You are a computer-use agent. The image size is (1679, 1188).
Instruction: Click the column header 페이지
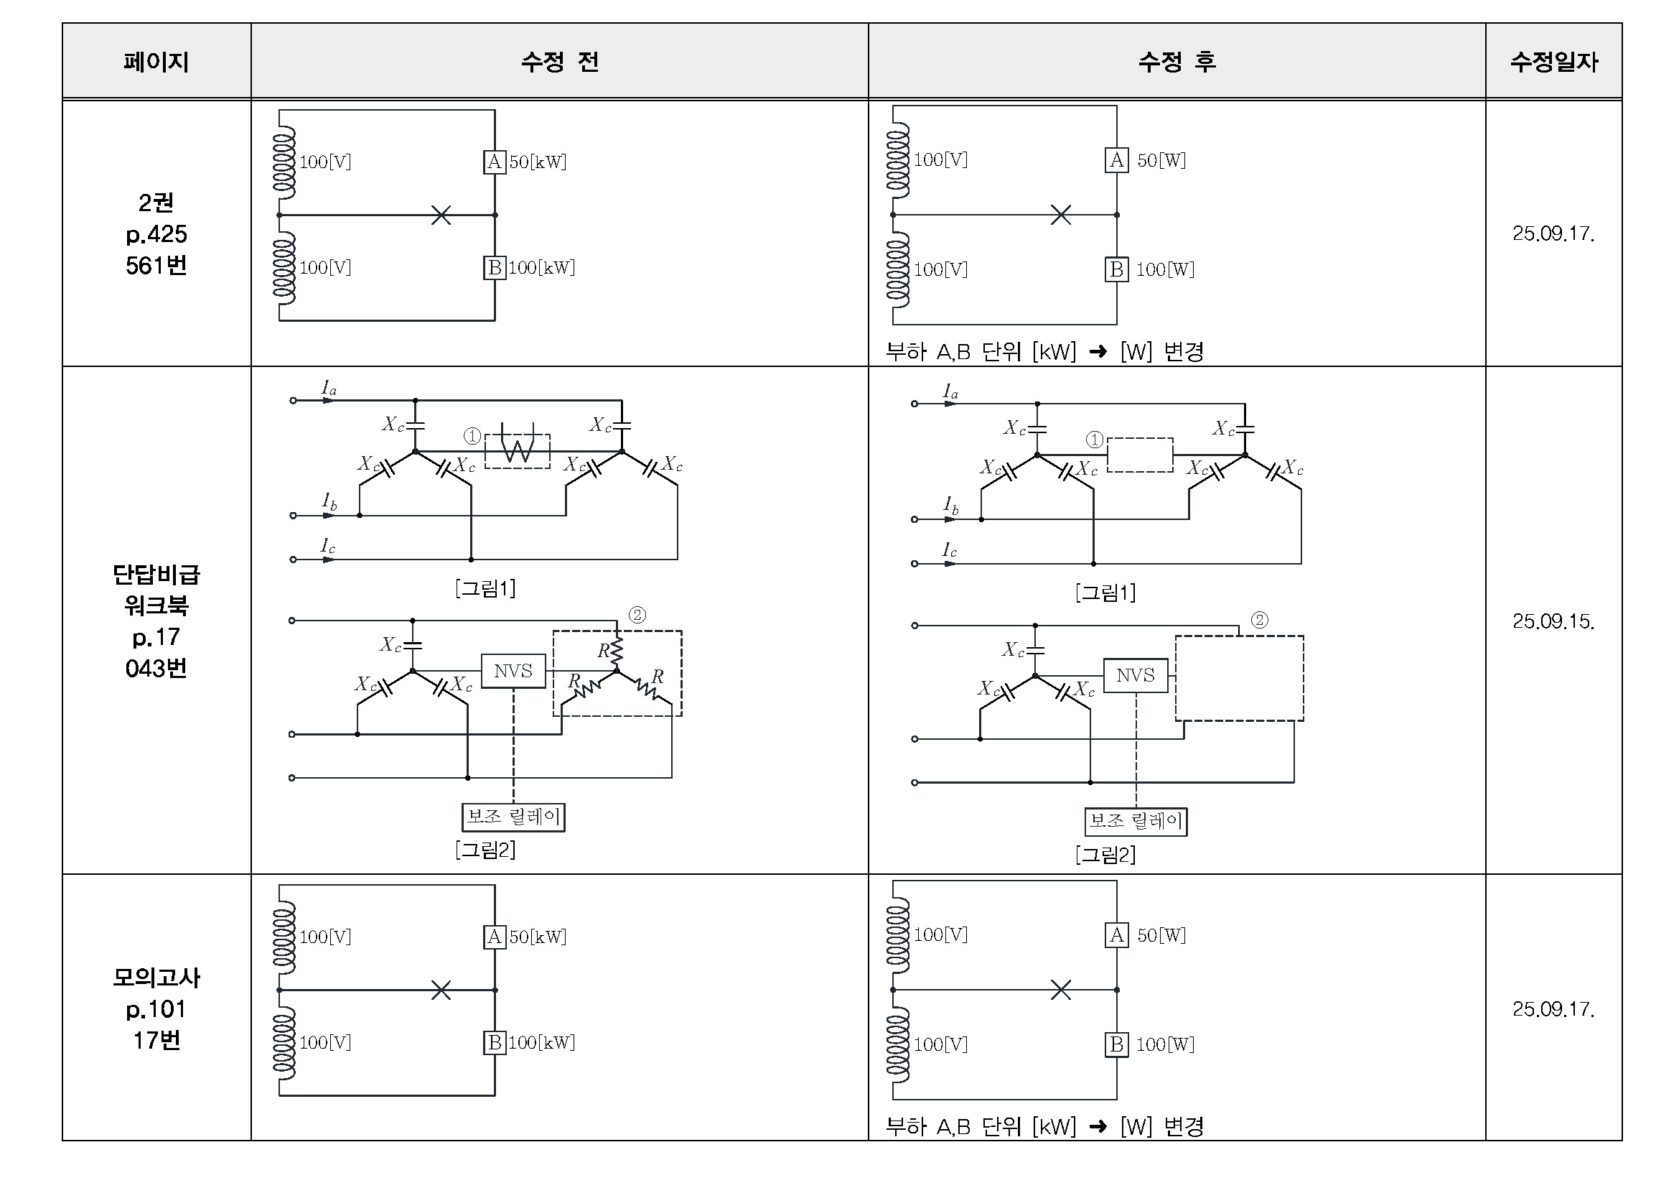click(156, 62)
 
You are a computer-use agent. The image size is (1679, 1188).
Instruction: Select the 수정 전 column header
click(559, 62)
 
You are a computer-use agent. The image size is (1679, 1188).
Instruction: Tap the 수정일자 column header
click(1553, 62)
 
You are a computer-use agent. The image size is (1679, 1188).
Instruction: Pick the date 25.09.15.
click(1553, 621)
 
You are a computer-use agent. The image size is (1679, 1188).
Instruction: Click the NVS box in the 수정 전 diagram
click(513, 671)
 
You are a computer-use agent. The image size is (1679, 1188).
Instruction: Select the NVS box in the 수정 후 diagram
click(1135, 675)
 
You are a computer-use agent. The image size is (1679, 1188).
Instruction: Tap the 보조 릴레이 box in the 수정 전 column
click(513, 817)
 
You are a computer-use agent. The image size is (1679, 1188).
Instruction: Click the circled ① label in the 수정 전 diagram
click(472, 437)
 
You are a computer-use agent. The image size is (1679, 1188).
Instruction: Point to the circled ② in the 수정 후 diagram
click(1259, 621)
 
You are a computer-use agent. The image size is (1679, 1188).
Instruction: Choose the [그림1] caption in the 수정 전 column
click(485, 588)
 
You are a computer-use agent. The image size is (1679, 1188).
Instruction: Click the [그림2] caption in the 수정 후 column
click(1105, 855)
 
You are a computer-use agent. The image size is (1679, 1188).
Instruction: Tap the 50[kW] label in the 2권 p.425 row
click(538, 162)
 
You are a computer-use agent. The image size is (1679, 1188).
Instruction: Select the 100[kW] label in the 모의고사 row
click(542, 1042)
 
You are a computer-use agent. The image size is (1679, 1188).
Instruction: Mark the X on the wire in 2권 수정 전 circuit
click(441, 215)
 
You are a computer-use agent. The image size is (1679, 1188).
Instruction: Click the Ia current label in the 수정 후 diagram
click(950, 392)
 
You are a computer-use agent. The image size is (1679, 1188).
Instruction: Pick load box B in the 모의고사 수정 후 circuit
click(1116, 1044)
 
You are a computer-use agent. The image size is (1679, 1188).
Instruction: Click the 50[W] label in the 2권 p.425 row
click(1161, 160)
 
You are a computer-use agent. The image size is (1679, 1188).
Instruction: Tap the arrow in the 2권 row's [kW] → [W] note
click(1098, 352)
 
